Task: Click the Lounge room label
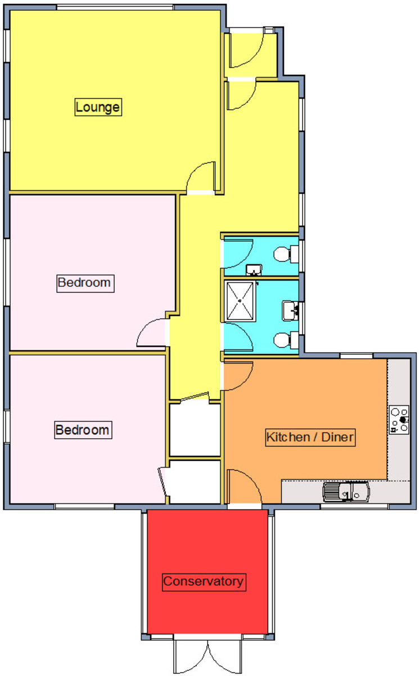click(x=98, y=107)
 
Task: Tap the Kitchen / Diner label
click(x=310, y=437)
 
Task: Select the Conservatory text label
click(x=204, y=581)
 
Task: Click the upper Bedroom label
click(x=85, y=283)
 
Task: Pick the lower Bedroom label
click(x=83, y=430)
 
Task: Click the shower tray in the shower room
click(x=240, y=301)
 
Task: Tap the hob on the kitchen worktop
click(x=399, y=420)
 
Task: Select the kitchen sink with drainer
click(x=346, y=492)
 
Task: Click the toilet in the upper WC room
click(x=286, y=254)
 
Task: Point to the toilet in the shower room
click(x=286, y=340)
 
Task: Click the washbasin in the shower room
click(x=290, y=310)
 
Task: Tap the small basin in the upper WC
click(x=254, y=270)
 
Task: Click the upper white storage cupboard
click(x=195, y=430)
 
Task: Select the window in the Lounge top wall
click(x=115, y=7)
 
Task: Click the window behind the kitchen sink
click(x=354, y=506)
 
